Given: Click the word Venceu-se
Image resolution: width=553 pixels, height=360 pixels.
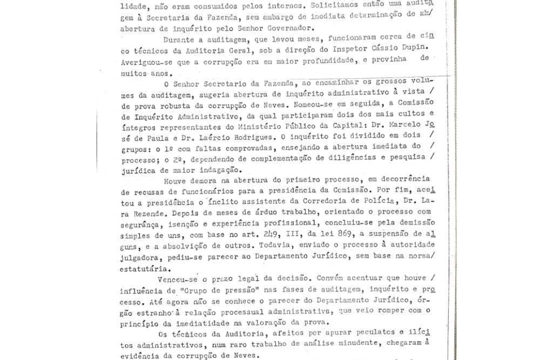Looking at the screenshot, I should [178, 279].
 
